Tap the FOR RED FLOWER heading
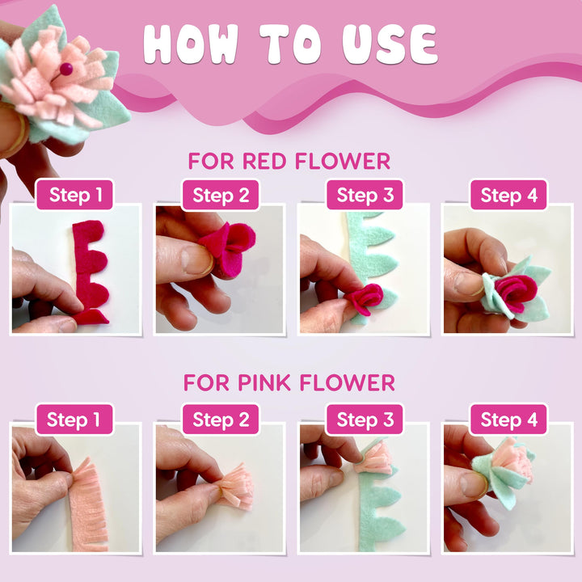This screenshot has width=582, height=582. point(289,161)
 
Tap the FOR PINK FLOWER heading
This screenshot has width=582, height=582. point(289,382)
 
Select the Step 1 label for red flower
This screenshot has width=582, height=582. point(76,195)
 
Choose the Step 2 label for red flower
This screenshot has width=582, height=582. point(220,195)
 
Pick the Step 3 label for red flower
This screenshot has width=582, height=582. point(364,195)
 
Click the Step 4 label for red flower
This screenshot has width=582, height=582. point(508,195)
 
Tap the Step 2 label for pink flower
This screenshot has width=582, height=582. point(220,420)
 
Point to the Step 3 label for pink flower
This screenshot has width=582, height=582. point(364,420)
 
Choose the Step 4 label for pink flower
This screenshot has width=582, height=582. point(508,420)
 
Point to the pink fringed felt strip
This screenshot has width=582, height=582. point(87,505)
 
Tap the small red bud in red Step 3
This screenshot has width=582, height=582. point(365,299)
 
